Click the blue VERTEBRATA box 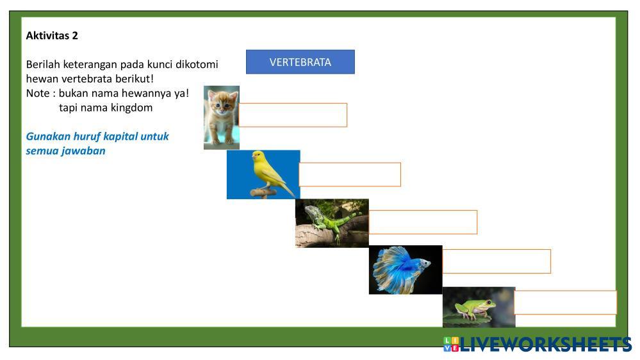tap(300, 62)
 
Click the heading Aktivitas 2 tap(52, 36)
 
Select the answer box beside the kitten tap(293, 115)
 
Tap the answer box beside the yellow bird tap(350, 175)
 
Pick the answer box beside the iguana tap(423, 222)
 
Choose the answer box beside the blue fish tap(496, 261)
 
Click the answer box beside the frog tap(565, 302)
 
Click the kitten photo tap(222, 118)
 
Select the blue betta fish tap(402, 270)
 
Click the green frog tap(475, 309)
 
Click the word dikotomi tap(197, 65)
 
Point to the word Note tap(38, 94)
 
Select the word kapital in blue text tap(120, 136)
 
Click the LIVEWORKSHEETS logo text tap(546, 345)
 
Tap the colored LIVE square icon tap(451, 344)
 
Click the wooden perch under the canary tap(263, 192)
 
